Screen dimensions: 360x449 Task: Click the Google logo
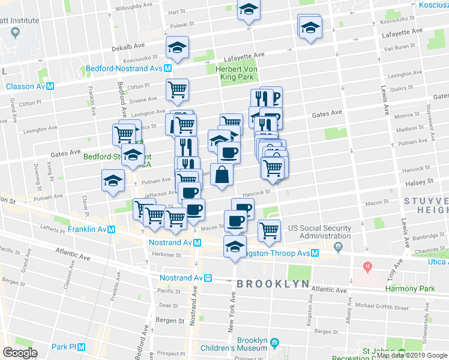19,353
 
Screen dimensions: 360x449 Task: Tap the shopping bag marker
222,175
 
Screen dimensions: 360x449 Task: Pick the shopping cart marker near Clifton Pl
177,90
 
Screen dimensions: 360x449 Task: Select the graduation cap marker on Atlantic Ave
235,247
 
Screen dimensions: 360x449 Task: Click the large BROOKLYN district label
273,283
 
